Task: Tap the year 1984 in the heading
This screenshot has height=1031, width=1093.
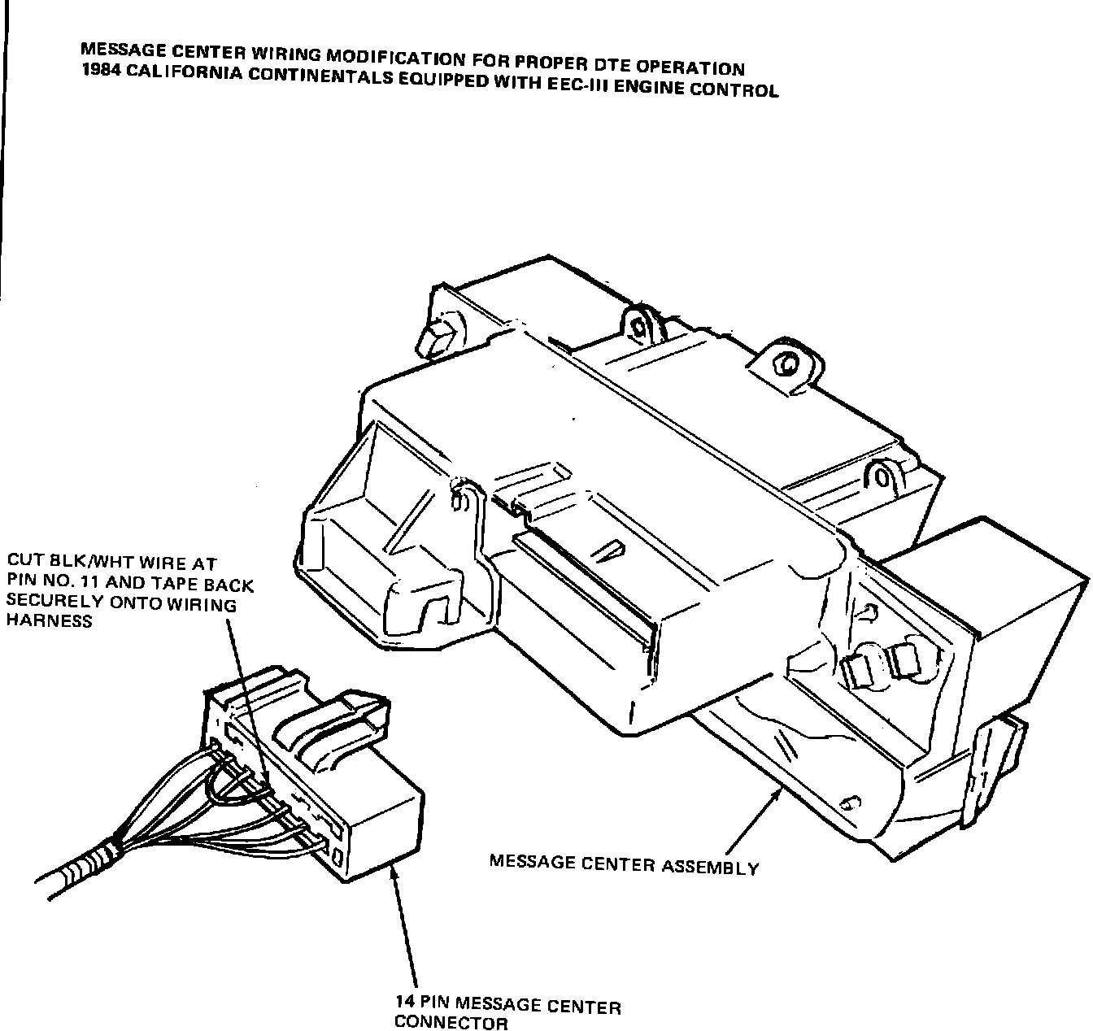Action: [99, 70]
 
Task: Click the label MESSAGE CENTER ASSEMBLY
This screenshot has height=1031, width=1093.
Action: [624, 864]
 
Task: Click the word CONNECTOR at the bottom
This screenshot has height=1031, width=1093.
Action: [451, 1023]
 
